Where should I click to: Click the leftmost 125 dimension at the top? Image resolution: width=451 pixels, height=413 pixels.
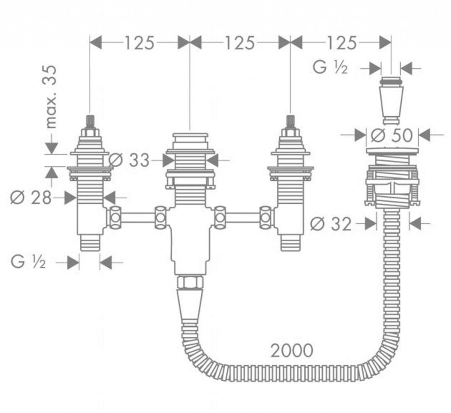pos(139,43)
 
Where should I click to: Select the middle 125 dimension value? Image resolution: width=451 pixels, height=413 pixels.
pos(240,43)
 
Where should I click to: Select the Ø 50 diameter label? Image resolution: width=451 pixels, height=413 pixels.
pos(392,135)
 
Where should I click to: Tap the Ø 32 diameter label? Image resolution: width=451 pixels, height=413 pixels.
pos(331,225)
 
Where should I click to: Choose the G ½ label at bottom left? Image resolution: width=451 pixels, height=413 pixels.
pos(28,263)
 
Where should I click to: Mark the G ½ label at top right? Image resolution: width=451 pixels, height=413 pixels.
pos(330,69)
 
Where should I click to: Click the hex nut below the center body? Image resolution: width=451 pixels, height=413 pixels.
pos(189,282)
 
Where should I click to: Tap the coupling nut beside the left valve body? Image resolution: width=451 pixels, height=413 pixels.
pos(116,217)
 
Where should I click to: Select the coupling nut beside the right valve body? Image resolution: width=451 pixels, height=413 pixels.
pos(266,217)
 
